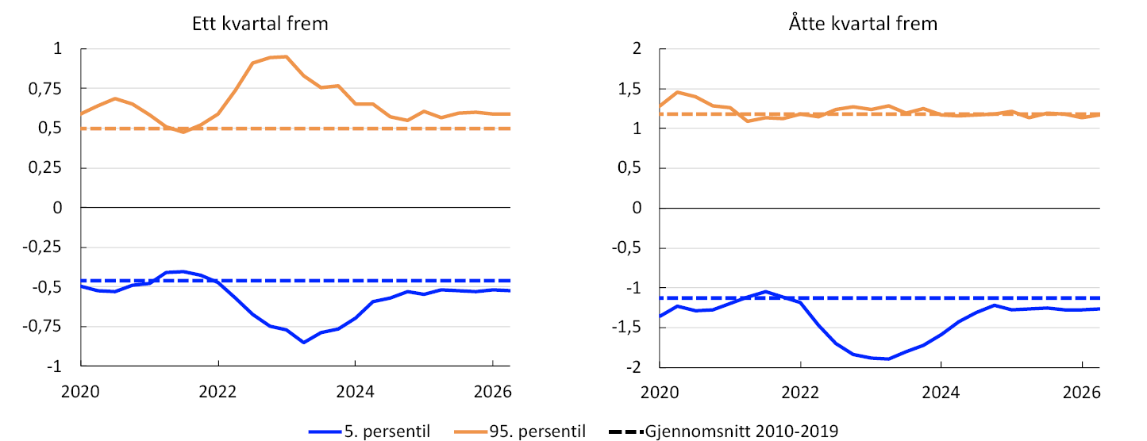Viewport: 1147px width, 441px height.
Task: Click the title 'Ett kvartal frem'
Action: tap(260, 24)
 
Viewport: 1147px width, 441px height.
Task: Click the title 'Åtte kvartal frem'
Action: tap(863, 24)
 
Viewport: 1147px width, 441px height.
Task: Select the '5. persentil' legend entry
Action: tap(370, 431)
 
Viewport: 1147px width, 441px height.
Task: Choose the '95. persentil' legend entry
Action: tap(520, 431)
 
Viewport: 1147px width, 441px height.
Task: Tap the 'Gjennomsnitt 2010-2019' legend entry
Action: tap(724, 431)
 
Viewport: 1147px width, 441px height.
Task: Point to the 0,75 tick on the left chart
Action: tap(44, 89)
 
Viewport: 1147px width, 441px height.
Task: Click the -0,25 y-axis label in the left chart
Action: tap(41, 247)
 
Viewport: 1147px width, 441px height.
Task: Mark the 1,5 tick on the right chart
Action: tap(629, 89)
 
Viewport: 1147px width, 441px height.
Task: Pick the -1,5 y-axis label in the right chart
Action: tap(626, 328)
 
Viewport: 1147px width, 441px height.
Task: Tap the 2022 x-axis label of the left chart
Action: tap(218, 392)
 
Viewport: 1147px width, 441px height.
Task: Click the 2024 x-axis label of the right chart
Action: tap(941, 393)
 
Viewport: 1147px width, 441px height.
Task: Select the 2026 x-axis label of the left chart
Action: tap(493, 392)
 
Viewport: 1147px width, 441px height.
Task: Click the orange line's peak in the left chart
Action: tap(286, 56)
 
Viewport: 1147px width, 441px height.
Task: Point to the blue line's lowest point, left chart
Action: tap(304, 343)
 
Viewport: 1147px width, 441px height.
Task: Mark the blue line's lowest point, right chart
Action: tap(888, 359)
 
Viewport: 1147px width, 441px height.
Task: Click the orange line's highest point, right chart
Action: tap(677, 92)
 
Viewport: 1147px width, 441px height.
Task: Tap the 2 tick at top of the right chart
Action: tap(637, 48)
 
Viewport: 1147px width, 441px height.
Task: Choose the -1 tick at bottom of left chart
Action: tap(54, 366)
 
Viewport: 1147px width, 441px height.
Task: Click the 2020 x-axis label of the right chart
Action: tap(660, 393)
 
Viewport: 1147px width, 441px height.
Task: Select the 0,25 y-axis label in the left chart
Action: tap(44, 168)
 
